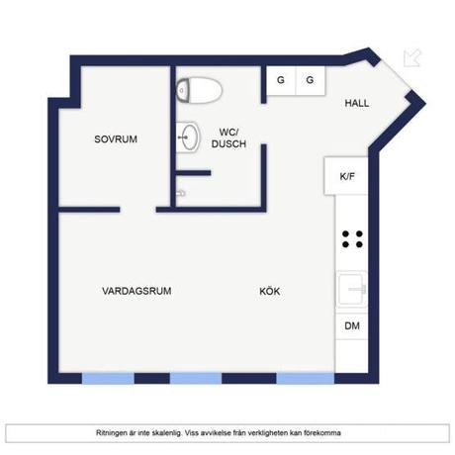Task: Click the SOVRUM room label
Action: click(116, 139)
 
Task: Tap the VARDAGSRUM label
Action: click(136, 291)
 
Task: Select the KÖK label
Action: click(270, 291)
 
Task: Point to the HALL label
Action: click(357, 103)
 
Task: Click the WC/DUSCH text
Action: click(228, 138)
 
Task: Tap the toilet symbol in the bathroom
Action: click(199, 90)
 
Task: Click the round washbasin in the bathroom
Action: click(188, 137)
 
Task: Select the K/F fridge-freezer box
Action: click(346, 176)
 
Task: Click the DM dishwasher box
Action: click(352, 326)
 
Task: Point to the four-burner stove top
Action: click(352, 239)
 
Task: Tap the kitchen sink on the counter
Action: click(352, 290)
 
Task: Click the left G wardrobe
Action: click(281, 80)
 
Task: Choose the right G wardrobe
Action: click(311, 80)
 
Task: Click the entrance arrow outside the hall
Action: click(412, 58)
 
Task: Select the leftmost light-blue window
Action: click(108, 378)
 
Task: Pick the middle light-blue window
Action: click(196, 378)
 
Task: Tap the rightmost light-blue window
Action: click(306, 378)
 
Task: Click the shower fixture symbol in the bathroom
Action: click(181, 193)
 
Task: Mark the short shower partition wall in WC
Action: click(193, 173)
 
